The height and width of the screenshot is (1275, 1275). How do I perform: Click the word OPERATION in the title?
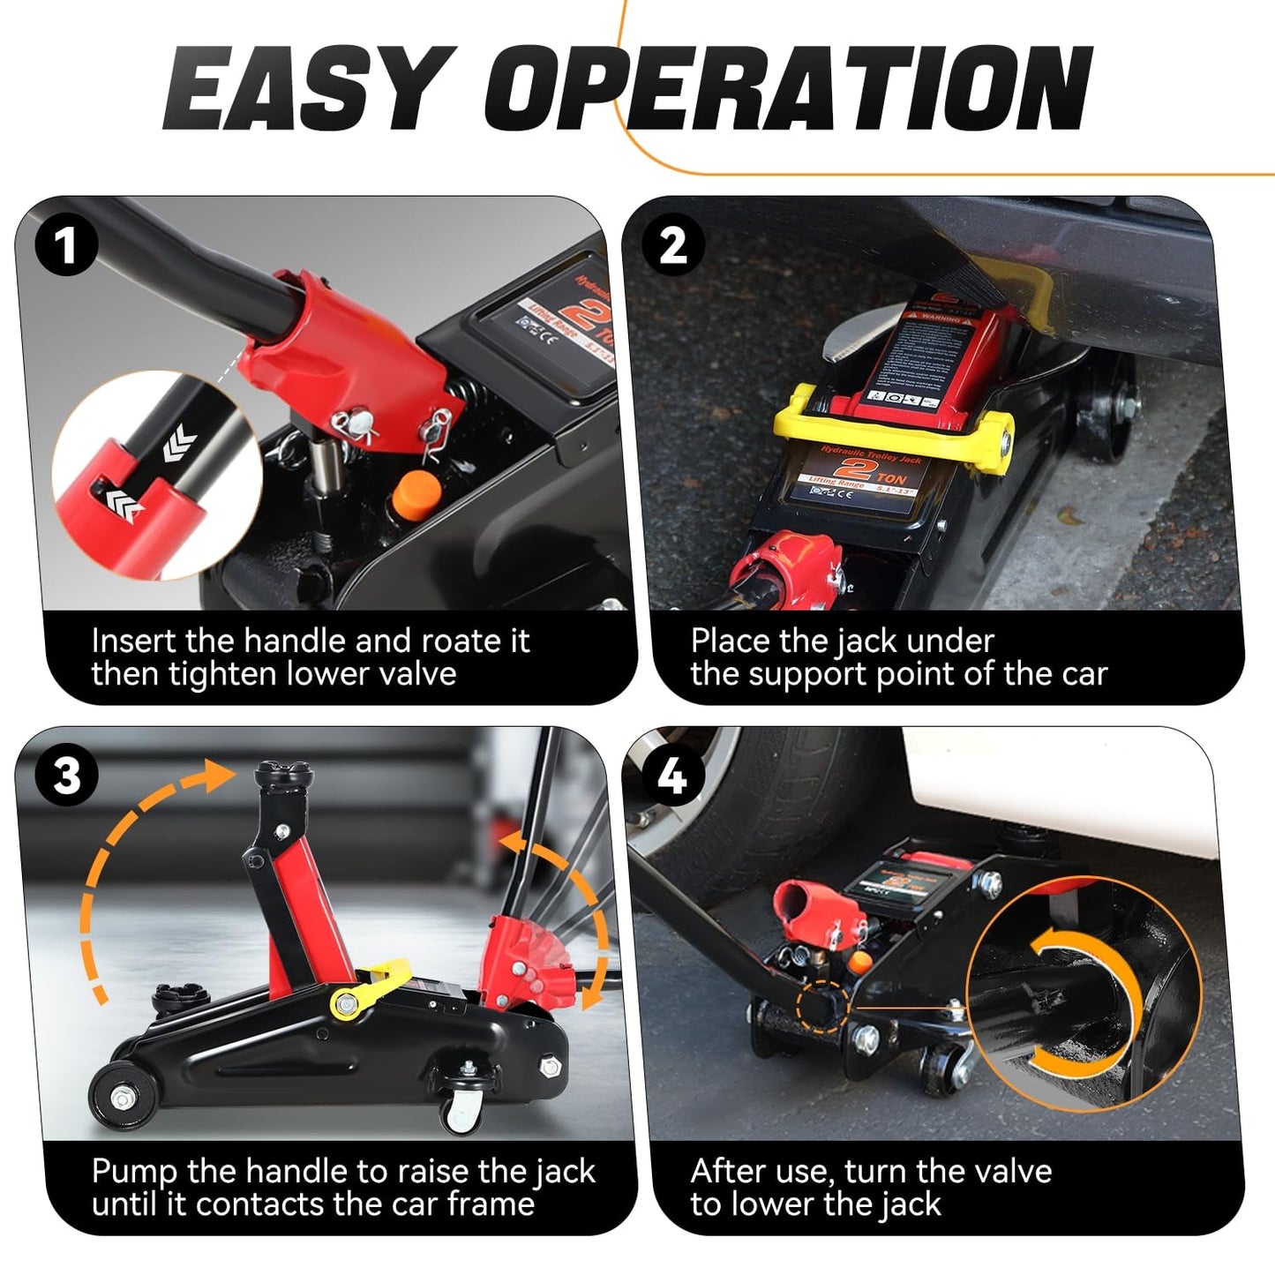pos(788,88)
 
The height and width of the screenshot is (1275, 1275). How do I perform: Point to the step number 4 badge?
pos(673,776)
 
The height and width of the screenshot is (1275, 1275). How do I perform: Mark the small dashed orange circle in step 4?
pos(821,1007)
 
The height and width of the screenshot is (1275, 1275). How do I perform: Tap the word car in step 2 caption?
pos(1084,674)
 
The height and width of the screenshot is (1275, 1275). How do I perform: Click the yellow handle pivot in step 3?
pos(347,1002)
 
